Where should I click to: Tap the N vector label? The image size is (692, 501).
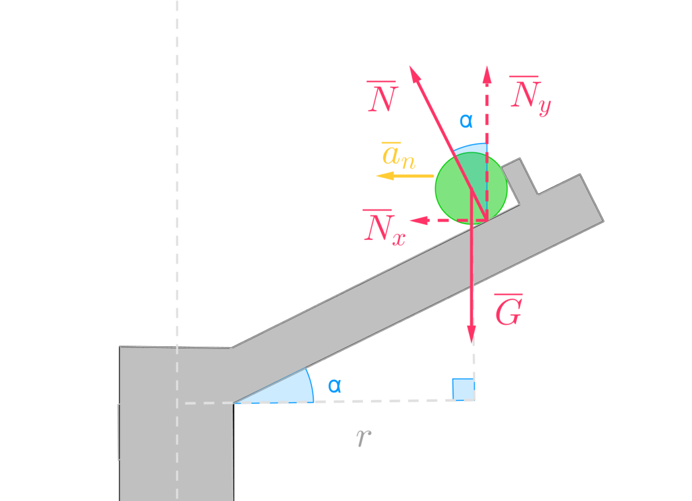(x=382, y=98)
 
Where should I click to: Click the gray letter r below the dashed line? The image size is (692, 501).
(x=364, y=438)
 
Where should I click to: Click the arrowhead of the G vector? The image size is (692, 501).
(x=472, y=336)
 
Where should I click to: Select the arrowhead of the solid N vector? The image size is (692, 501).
(x=413, y=71)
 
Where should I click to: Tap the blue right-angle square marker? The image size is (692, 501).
(x=462, y=388)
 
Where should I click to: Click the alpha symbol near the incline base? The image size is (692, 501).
(x=334, y=385)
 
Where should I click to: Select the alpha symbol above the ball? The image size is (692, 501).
(x=466, y=120)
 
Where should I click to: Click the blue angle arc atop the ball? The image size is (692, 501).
(x=473, y=148)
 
